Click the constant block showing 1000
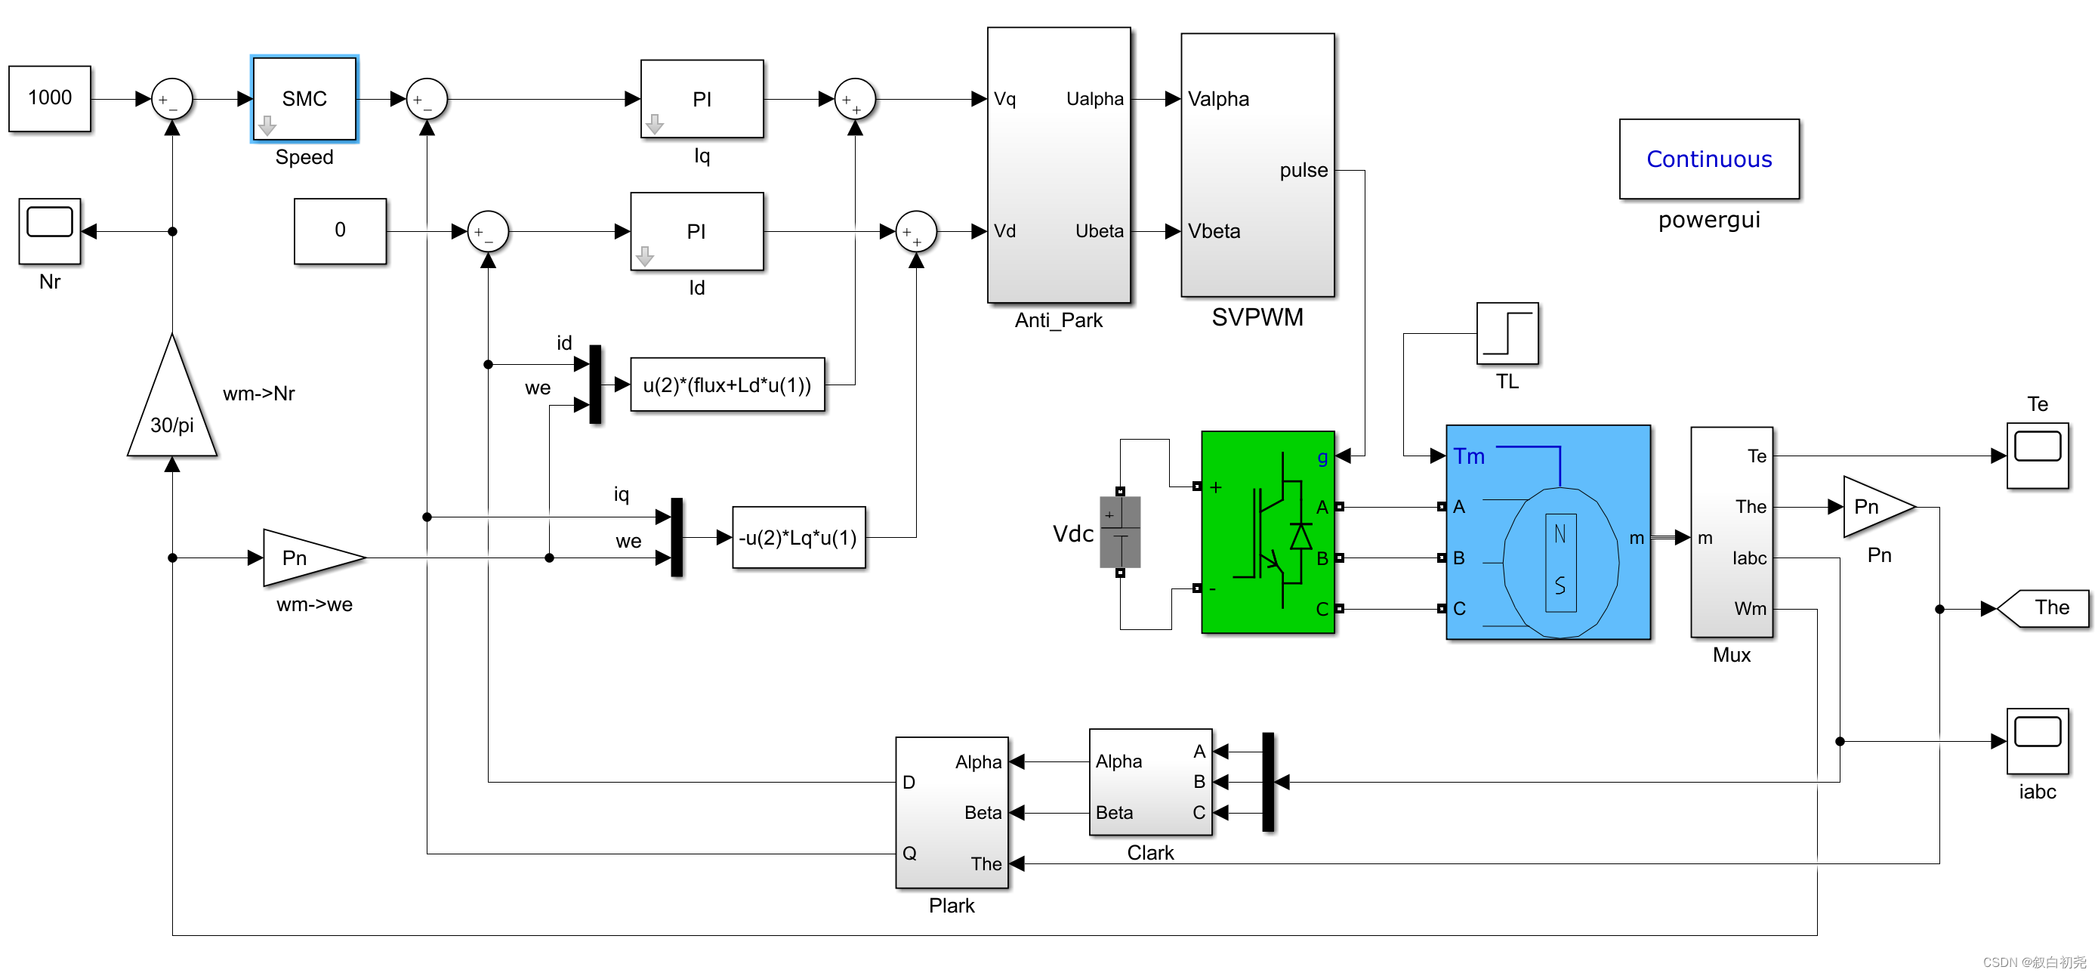(50, 98)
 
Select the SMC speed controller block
(304, 98)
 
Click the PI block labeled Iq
(702, 98)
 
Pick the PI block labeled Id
(696, 231)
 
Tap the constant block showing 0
(340, 230)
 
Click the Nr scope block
(50, 230)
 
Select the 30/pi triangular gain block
(172, 407)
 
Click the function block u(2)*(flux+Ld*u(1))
(727, 385)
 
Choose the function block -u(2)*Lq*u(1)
(798, 538)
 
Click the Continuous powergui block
(1709, 159)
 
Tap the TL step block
(1507, 334)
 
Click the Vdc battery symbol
(1120, 533)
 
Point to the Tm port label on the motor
(1468, 456)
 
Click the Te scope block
(2037, 456)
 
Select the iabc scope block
(2037, 740)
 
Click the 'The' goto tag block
(2046, 608)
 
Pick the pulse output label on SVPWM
(1303, 170)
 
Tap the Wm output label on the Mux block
(1749, 609)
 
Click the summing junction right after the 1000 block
(172, 100)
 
